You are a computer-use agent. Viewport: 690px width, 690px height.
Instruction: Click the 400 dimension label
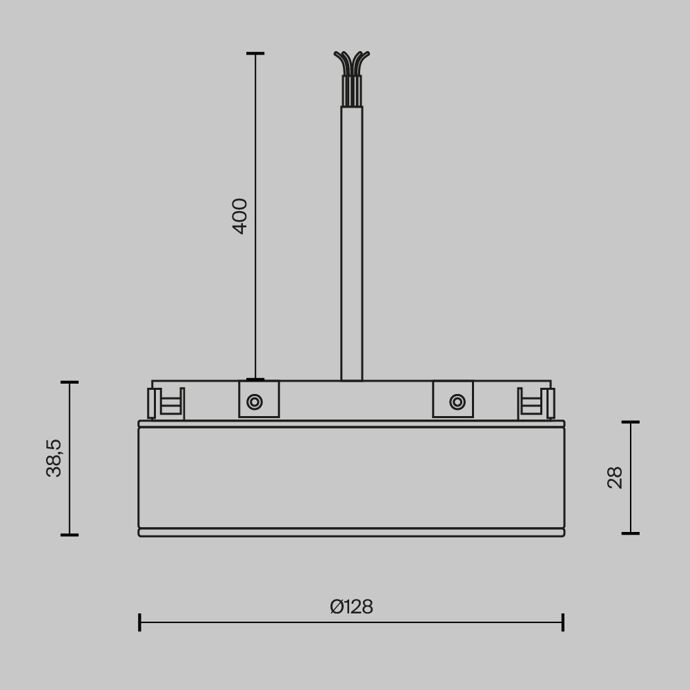pos(240,216)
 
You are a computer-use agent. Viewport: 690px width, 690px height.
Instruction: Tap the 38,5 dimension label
pos(55,458)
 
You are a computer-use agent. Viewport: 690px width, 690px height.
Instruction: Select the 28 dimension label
pos(615,477)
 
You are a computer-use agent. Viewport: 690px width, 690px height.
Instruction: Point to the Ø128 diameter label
pos(351,607)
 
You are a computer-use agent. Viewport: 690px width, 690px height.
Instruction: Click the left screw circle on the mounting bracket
pos(255,402)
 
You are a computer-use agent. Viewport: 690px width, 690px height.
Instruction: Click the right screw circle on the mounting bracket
pos(457,402)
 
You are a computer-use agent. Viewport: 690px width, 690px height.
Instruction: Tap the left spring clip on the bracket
pos(166,403)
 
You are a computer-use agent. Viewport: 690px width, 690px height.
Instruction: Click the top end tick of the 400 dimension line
pos(255,53)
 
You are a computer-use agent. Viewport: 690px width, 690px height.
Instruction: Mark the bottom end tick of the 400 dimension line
pos(255,379)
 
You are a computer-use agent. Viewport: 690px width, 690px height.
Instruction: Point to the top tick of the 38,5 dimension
pos(69,382)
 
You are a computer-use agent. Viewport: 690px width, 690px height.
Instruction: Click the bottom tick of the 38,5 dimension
pos(69,535)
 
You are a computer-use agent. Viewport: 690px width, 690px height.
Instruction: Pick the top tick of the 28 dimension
pos(631,422)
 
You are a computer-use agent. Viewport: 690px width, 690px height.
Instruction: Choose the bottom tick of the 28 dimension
pos(631,533)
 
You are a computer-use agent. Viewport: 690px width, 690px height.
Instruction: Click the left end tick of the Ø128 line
pos(139,622)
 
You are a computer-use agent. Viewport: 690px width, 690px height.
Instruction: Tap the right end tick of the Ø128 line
pos(563,622)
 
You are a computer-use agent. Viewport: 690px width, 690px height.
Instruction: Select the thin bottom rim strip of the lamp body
pos(351,533)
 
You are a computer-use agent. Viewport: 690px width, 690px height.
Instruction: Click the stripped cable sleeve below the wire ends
pos(351,90)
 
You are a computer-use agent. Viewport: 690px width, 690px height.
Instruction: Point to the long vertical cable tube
pos(351,241)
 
